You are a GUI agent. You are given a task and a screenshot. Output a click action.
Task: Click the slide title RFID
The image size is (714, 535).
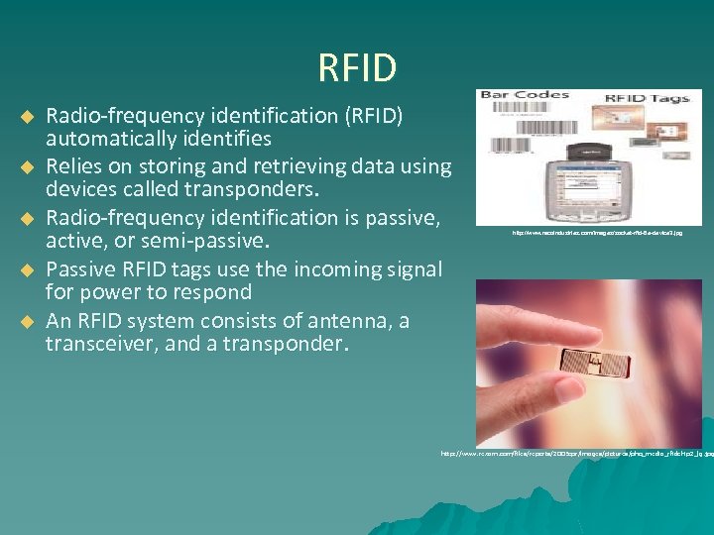click(357, 68)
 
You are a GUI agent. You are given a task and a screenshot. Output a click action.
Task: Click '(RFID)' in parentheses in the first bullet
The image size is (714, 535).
click(370, 116)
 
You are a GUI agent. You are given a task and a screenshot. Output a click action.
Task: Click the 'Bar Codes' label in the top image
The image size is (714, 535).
click(524, 96)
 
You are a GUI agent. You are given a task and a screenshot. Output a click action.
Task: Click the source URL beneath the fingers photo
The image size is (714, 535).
click(575, 454)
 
